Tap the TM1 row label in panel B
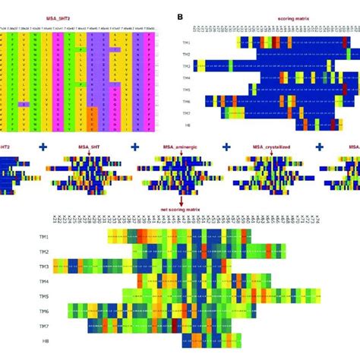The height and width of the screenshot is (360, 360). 195,43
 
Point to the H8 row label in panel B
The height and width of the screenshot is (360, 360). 195,124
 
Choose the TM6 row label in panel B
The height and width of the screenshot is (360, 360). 195,100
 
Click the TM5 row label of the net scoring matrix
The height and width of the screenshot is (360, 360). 45,296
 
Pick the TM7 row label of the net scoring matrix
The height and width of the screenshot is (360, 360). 45,325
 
